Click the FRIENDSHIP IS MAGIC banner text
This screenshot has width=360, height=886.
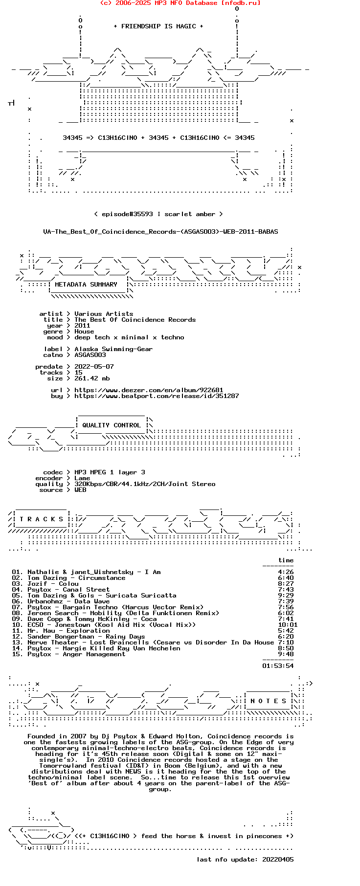(x=158, y=26)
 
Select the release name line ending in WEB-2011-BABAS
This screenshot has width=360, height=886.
(x=160, y=232)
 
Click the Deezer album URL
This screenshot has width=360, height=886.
(x=149, y=390)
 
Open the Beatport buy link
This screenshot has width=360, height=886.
(x=157, y=396)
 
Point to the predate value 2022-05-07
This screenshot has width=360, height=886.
(x=94, y=367)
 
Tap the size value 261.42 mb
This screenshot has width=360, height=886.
(x=92, y=378)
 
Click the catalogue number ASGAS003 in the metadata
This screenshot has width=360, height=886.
(x=90, y=355)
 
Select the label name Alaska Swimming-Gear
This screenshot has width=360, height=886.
(x=113, y=349)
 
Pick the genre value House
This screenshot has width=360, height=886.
(x=84, y=332)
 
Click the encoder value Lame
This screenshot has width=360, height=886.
(x=82, y=478)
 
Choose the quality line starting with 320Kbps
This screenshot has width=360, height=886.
(x=145, y=484)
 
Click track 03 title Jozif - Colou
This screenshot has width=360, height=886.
(x=53, y=584)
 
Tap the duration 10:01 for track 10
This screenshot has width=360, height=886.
(x=286, y=625)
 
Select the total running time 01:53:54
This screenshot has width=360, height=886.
(x=278, y=666)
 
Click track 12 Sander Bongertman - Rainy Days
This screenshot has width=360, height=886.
(x=86, y=637)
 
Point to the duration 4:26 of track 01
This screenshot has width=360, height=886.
(x=286, y=572)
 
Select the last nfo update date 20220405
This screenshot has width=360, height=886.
(x=278, y=860)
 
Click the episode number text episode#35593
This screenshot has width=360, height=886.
(x=127, y=214)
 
